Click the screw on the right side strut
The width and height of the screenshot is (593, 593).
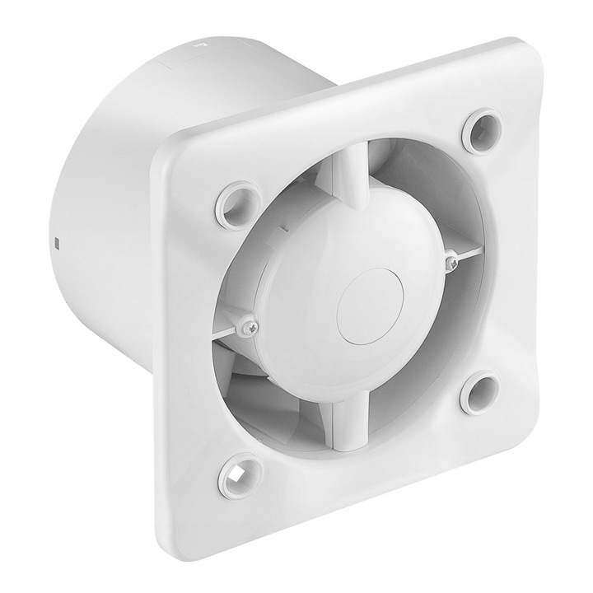pos(451,262)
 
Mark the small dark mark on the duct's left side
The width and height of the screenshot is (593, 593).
pos(56,245)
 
